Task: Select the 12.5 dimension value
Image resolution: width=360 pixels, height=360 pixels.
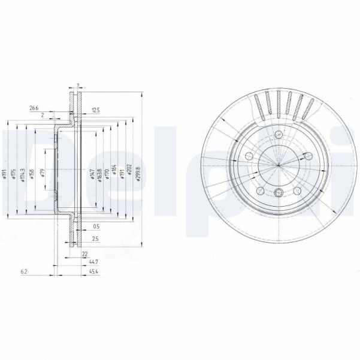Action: pyautogui.click(x=95, y=109)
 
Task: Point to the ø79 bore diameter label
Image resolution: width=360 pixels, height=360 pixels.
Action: pyautogui.click(x=43, y=174)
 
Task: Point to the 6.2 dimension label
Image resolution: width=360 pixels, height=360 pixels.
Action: pyautogui.click(x=24, y=272)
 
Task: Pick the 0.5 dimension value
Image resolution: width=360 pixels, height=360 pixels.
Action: pyautogui.click(x=96, y=225)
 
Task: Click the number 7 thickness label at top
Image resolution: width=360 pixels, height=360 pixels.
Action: pyautogui.click(x=77, y=85)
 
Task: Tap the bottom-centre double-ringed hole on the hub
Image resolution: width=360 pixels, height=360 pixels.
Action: pyautogui.click(x=279, y=192)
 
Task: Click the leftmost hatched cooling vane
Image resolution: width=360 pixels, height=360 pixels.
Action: pyautogui.click(x=259, y=108)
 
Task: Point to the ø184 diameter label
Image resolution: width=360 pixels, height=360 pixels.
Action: pyautogui.click(x=114, y=174)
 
